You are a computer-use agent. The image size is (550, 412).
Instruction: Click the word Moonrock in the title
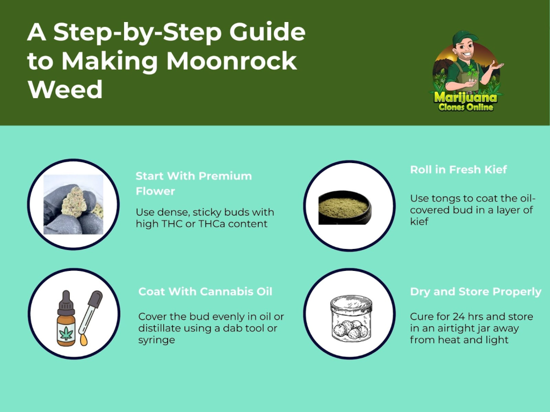[231, 61]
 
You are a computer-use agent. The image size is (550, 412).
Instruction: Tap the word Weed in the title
[65, 90]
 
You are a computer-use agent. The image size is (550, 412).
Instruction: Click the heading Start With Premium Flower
[193, 183]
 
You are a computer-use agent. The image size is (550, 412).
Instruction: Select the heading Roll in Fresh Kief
[459, 170]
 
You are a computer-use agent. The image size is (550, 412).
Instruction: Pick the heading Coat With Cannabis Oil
[205, 291]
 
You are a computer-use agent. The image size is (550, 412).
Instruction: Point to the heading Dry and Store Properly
[476, 292]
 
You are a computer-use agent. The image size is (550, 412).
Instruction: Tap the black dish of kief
[344, 208]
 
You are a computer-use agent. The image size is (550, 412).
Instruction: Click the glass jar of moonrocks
[351, 318]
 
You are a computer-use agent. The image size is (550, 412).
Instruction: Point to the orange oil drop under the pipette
[83, 340]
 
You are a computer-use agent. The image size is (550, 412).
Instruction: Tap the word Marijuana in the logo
[466, 97]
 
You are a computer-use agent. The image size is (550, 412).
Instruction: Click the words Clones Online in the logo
[466, 107]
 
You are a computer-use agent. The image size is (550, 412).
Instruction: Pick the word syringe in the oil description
[156, 340]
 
